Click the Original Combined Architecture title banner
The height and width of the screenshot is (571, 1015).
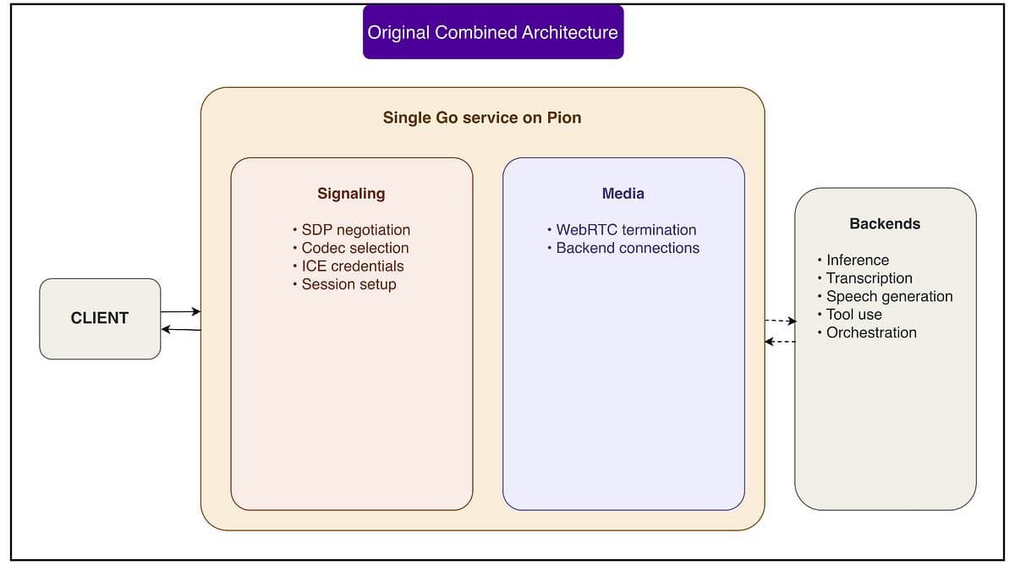coord(493,32)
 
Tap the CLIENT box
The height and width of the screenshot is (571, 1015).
coord(100,319)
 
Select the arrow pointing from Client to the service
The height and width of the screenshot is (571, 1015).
coord(181,311)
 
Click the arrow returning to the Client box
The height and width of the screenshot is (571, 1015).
coord(181,329)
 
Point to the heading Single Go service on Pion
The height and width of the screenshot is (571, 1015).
coord(482,118)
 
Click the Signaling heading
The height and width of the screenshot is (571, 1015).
coord(351,194)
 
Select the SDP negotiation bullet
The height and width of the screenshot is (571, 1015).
coord(352,230)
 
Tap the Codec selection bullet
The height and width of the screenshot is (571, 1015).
coord(351,248)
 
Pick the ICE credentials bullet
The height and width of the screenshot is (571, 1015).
coord(348,266)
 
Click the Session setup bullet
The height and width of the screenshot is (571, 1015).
coord(344,284)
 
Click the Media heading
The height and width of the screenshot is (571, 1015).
coord(623,194)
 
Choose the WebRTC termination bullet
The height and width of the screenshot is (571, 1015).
coord(622,230)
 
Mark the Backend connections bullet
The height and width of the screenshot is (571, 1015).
coord(623,248)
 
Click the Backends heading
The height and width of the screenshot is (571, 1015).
coord(885,224)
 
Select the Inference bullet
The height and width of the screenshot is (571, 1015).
coord(853,261)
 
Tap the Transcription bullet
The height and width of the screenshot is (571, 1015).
coord(865,278)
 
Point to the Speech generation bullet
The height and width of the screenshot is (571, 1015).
coord(885,296)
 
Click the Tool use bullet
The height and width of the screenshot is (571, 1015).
coord(849,315)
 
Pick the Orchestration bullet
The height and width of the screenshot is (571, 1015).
coord(867,332)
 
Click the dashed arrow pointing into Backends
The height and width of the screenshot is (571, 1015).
coord(780,321)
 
